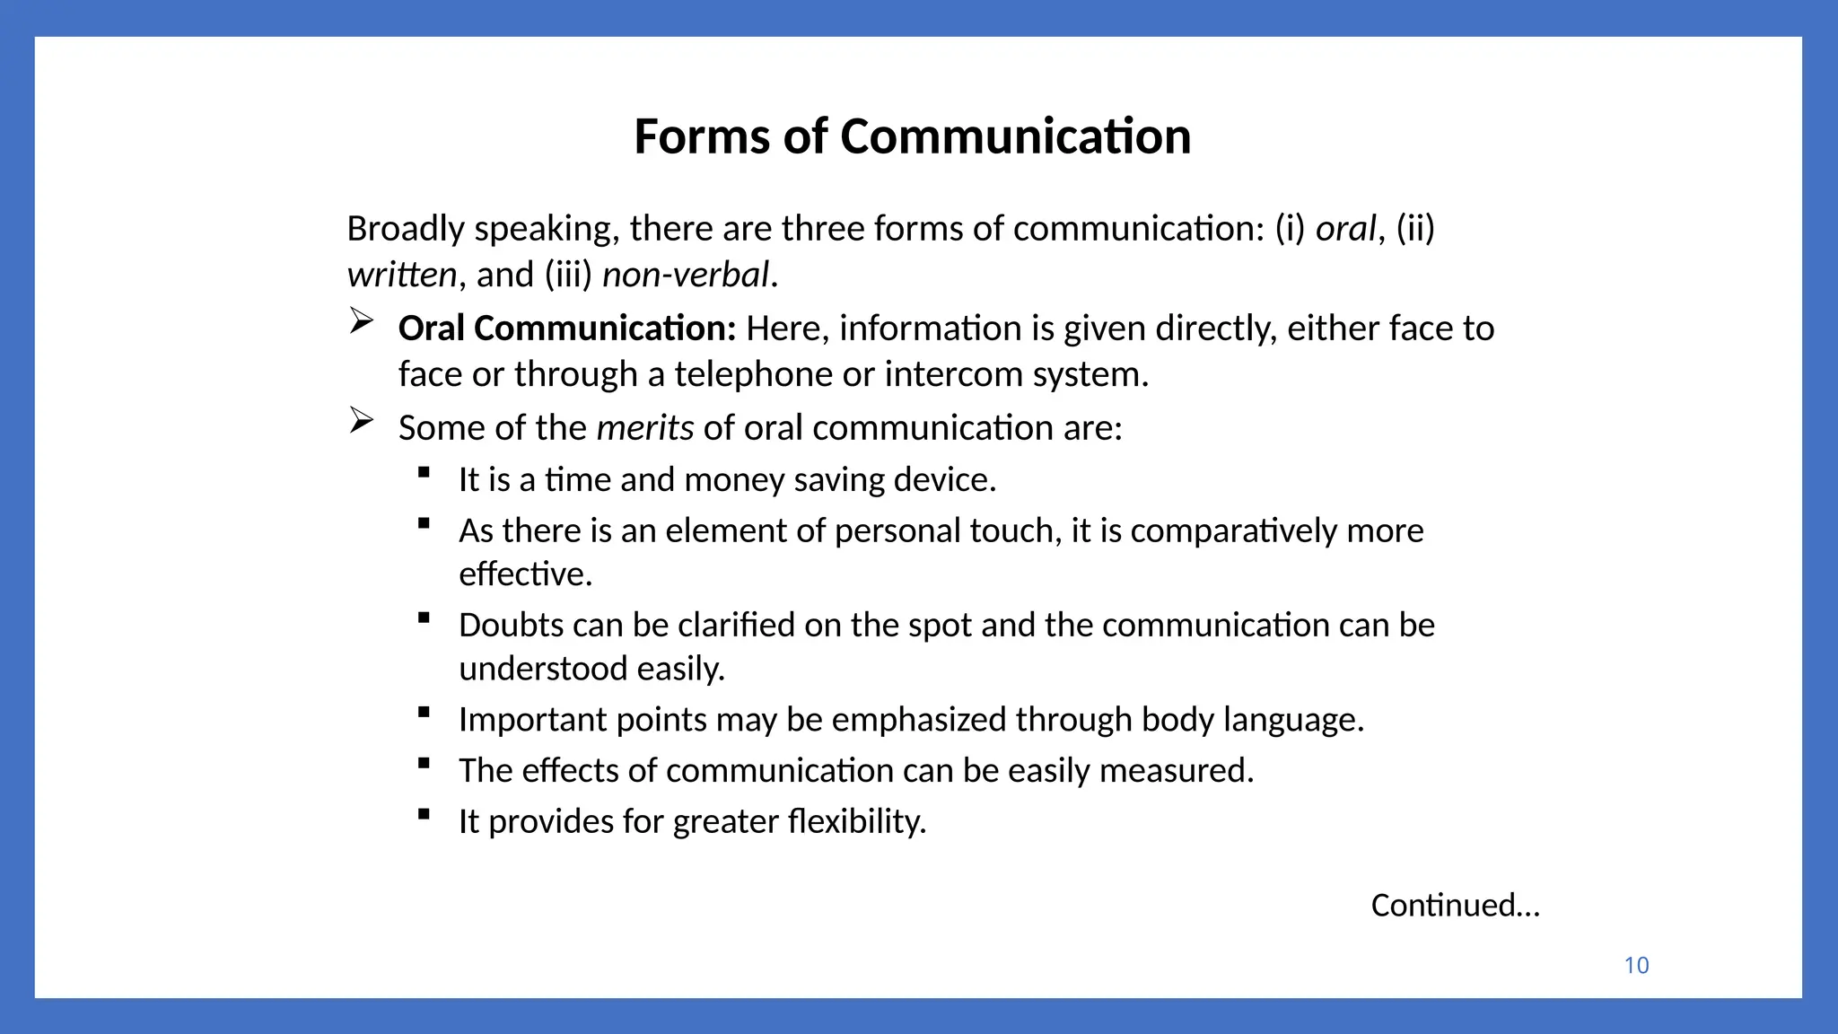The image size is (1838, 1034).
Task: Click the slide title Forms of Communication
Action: click(912, 136)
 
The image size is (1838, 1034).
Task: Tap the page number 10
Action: click(1636, 966)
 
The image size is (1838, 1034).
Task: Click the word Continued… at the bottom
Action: click(1455, 905)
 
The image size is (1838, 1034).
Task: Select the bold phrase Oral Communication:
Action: click(567, 329)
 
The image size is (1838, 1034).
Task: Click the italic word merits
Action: click(644, 428)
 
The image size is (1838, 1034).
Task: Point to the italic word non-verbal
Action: click(686, 275)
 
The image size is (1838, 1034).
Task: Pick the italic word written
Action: click(402, 275)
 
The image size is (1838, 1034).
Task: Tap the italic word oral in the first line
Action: click(1345, 229)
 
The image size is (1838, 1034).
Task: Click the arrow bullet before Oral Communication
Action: click(361, 321)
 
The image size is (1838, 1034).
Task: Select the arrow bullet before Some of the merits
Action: click(361, 420)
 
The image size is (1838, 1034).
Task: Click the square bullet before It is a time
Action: click(424, 472)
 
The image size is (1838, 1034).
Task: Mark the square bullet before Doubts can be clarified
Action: click(424, 618)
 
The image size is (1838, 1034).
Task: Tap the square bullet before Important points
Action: click(424, 713)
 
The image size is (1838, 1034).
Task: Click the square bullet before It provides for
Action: click(424, 814)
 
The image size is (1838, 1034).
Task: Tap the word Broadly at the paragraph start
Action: click(406, 229)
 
